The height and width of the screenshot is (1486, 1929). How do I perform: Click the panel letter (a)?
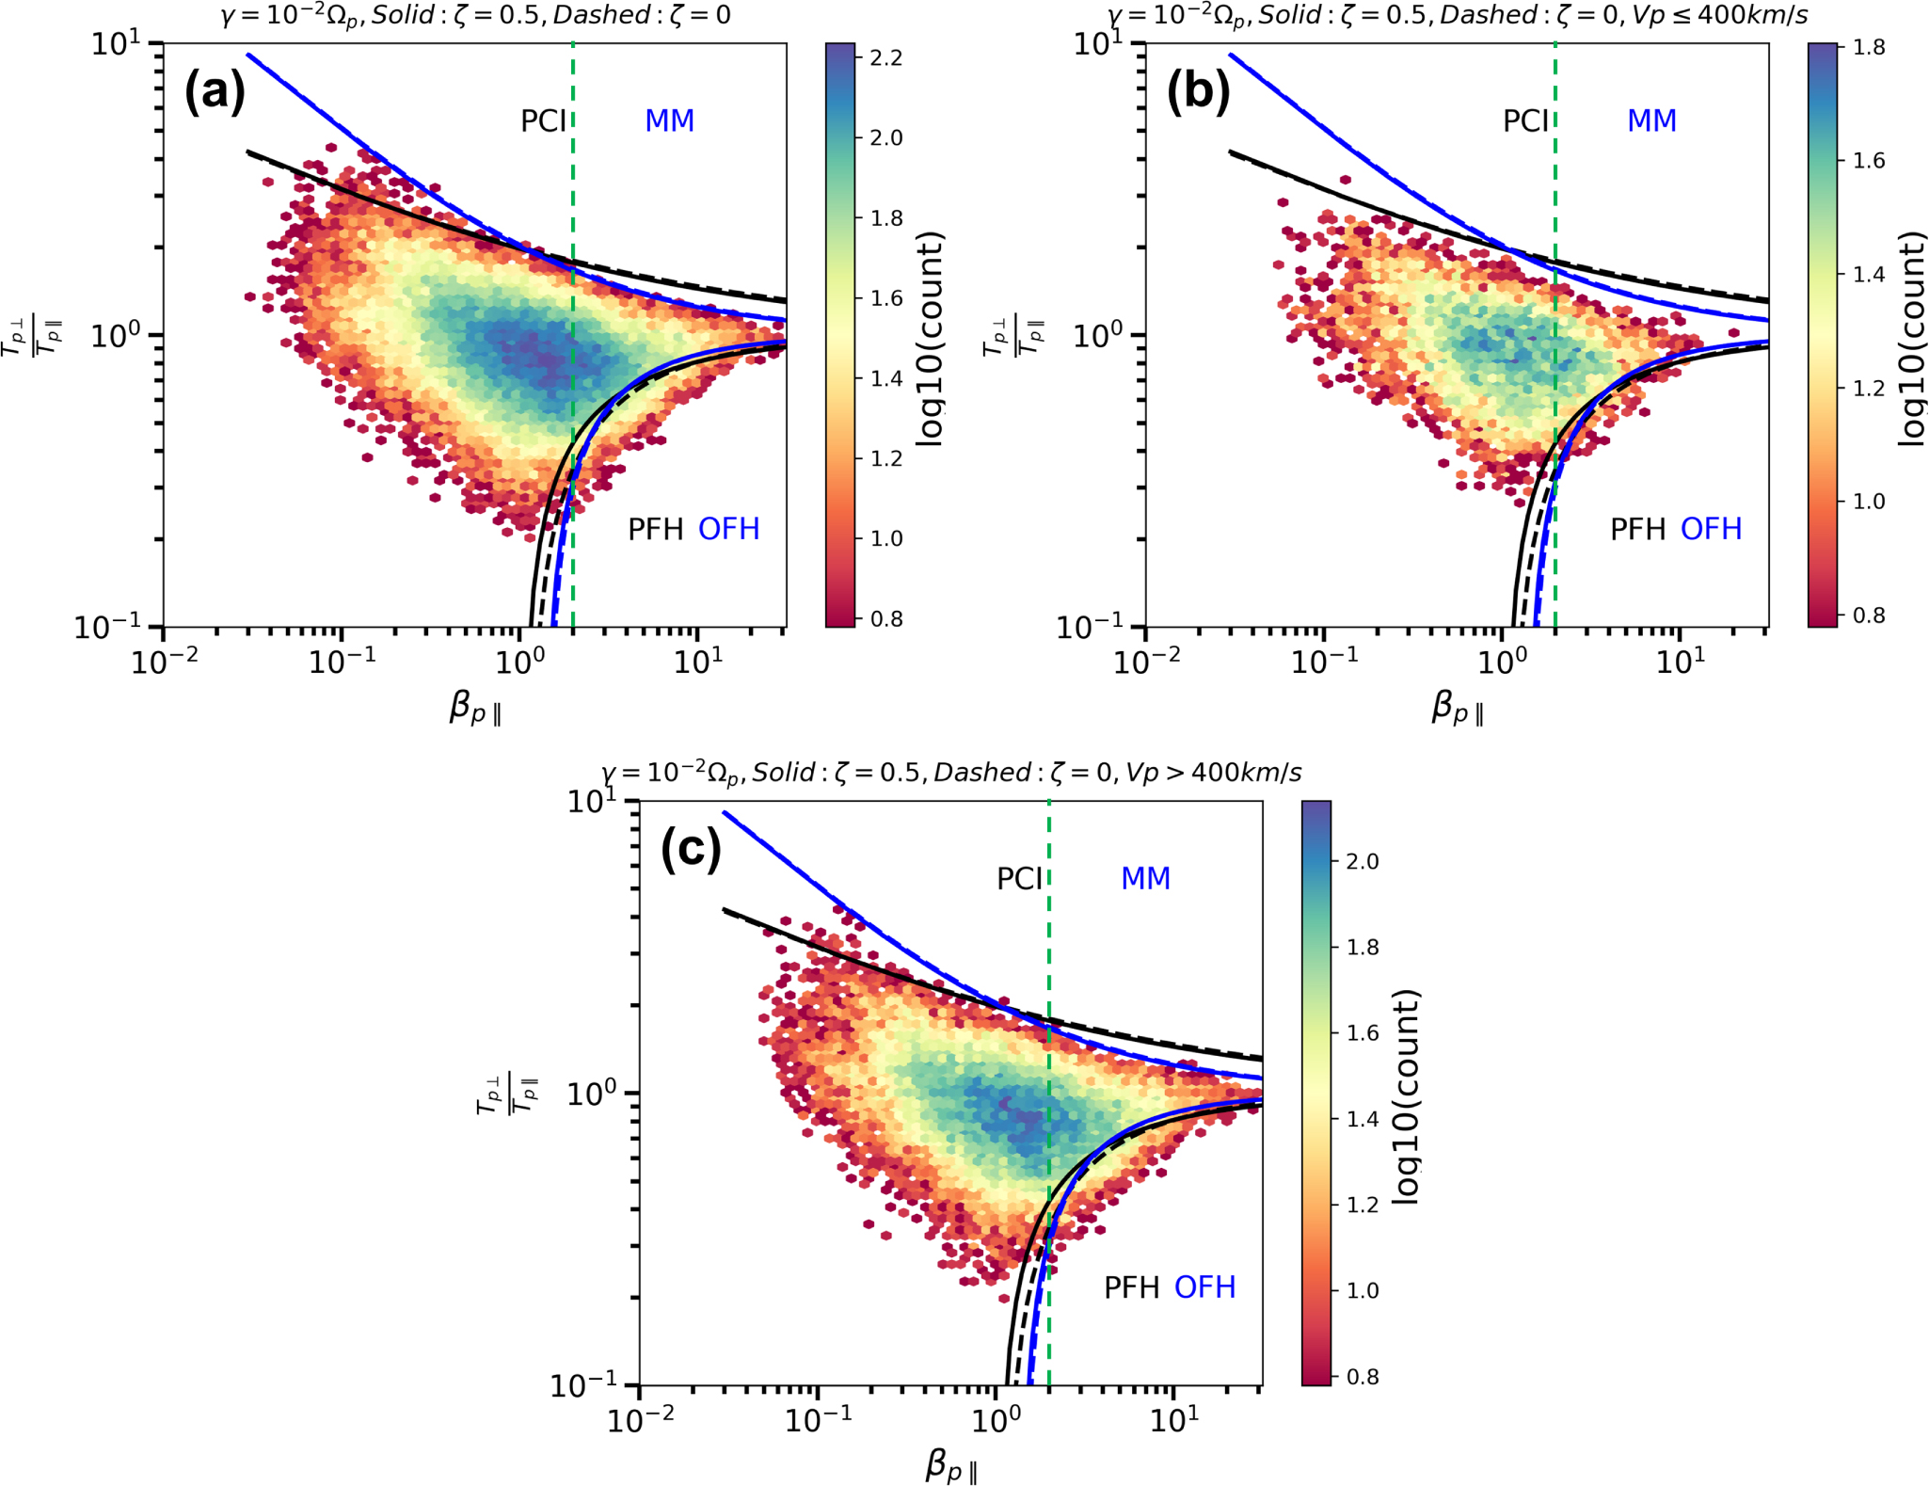[x=215, y=92]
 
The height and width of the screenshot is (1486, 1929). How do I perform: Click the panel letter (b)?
[x=1197, y=92]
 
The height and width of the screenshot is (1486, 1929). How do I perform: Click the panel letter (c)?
[x=691, y=849]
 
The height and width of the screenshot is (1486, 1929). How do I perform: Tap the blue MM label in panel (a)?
[x=669, y=121]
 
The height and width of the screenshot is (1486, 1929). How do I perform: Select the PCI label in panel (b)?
[x=1524, y=121]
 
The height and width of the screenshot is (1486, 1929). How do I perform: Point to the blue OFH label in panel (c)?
[x=1204, y=1286]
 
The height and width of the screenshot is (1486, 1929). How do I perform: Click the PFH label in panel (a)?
[x=655, y=530]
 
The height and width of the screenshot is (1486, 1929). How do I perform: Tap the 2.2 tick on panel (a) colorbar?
[x=886, y=58]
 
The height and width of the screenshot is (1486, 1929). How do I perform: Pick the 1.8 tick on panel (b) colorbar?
[x=1869, y=47]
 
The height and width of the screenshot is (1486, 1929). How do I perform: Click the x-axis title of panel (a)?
[x=475, y=708]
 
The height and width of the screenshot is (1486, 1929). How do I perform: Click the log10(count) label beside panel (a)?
[x=930, y=339]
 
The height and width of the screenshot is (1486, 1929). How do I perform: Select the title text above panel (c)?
[x=950, y=773]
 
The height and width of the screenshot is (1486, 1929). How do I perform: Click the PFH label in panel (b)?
[x=1637, y=530]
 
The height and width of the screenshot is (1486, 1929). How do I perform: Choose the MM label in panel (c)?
[x=1145, y=879]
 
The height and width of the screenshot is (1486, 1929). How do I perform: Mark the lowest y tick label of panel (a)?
[x=108, y=626]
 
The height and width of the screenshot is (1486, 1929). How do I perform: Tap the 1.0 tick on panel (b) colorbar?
[x=1869, y=501]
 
